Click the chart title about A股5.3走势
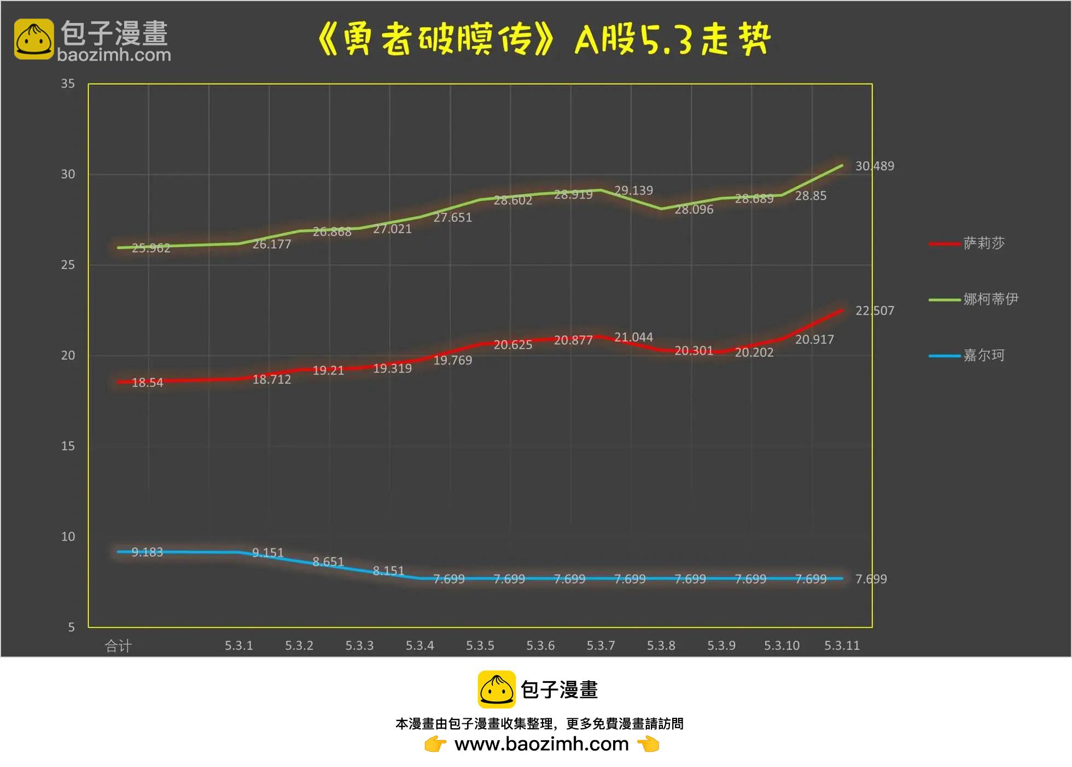coord(544,39)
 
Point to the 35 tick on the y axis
coord(68,84)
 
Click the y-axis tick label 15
coord(68,446)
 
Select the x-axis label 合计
coord(118,646)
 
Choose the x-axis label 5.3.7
coord(601,646)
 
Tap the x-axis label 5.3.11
coord(842,646)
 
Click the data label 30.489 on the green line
coord(875,166)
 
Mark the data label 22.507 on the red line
coord(875,311)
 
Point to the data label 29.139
coord(633,191)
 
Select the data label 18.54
coord(147,383)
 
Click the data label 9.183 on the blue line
coord(147,552)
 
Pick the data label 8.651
coord(328,562)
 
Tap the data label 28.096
coord(694,209)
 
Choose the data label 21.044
coord(633,337)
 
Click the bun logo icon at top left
coord(34,39)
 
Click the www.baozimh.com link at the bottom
coord(541,745)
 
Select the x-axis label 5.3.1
coord(238,646)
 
